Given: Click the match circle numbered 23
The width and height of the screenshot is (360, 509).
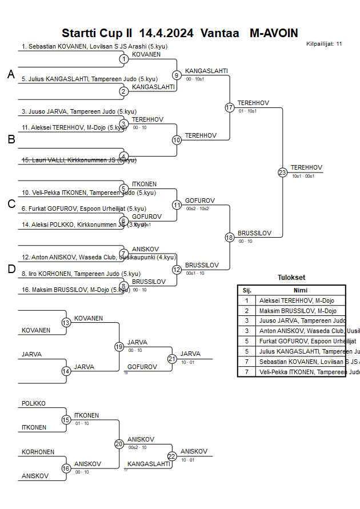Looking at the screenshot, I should click(282, 172).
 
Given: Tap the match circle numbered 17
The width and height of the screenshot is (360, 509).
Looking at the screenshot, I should click(230, 107).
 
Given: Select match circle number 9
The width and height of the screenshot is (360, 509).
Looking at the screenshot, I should click(177, 75).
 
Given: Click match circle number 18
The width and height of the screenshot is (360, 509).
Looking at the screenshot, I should click(230, 237).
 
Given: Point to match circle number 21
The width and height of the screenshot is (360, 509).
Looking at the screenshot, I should click(172, 359).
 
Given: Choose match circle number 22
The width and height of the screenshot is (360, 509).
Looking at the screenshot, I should click(172, 456).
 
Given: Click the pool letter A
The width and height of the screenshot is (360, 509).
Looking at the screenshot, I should click(11, 74).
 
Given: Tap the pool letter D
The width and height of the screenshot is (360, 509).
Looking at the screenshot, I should click(11, 270).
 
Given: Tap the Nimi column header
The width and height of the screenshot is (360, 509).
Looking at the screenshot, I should click(300, 290).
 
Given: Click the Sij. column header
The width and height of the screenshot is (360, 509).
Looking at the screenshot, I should click(247, 290).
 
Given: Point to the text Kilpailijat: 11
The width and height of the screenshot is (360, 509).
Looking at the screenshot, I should click(324, 43).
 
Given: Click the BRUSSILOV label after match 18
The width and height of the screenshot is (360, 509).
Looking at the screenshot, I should click(254, 233).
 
